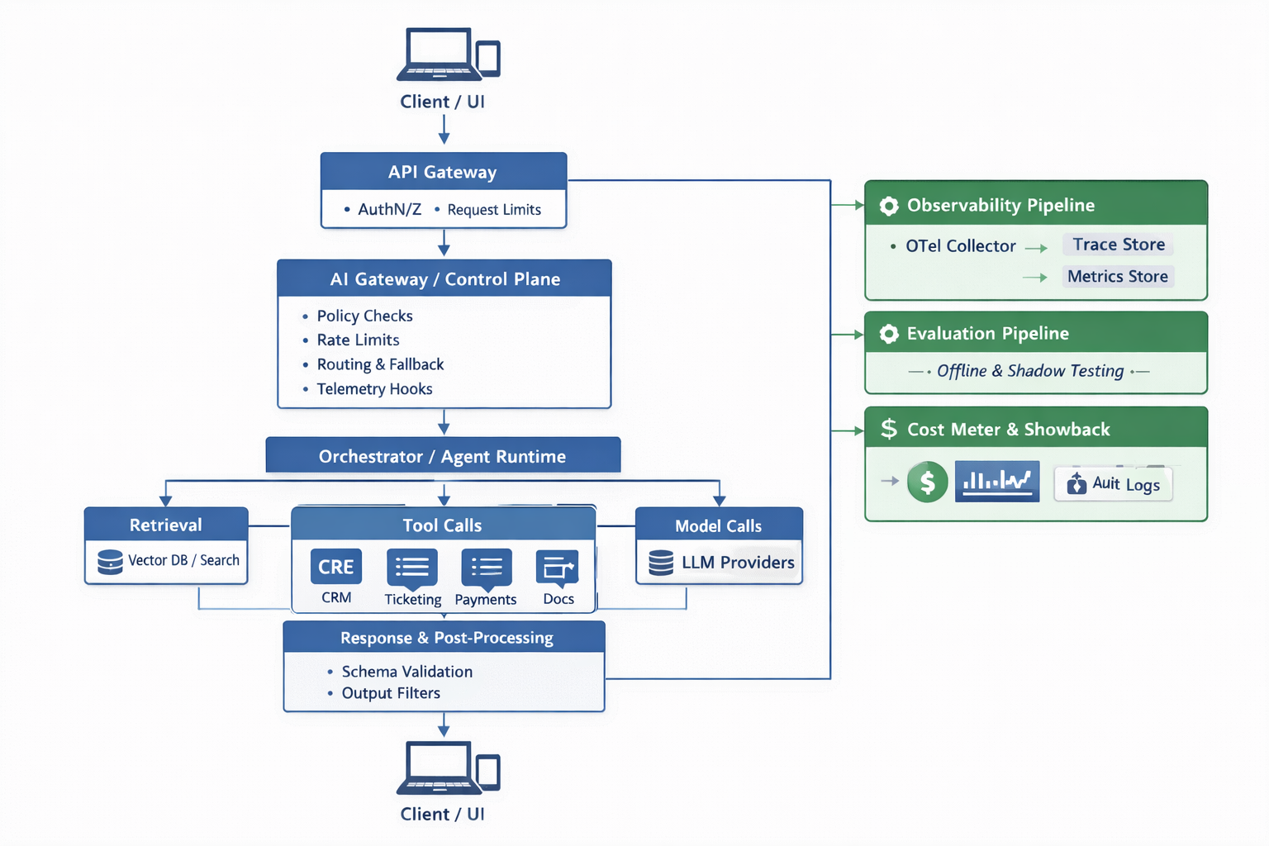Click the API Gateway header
pos(443,172)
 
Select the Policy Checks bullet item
pos(364,316)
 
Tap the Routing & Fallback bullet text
pos(380,364)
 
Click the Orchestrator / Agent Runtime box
pos(443,456)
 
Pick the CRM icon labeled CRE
pos(336,567)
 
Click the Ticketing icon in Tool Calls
pos(412,567)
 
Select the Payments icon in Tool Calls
pos(486,567)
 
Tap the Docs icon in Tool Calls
pos(558,567)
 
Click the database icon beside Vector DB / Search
pos(110,562)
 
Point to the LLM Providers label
pos(738,563)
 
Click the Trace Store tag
pos(1119,245)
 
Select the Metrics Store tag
pos(1117,277)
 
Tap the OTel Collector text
pos(960,246)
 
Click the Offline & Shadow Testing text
pos(1030,371)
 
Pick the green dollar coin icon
pos(927,482)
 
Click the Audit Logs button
pos(1114,484)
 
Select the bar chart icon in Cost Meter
pos(997,482)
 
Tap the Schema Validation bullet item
pos(406,672)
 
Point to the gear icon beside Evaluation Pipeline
pos(889,334)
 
